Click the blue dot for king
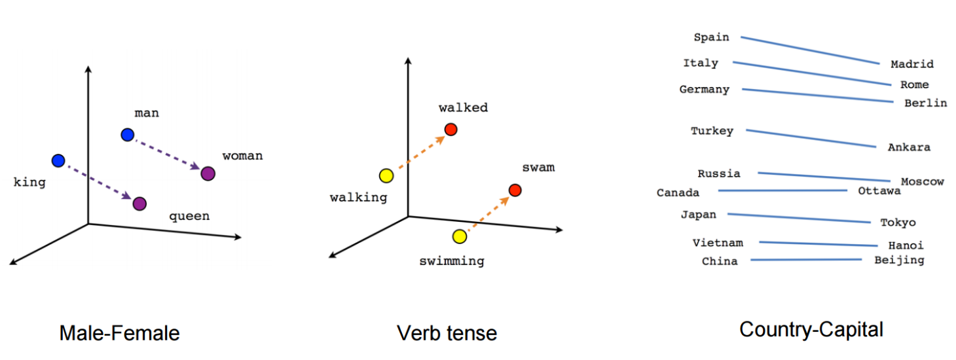pos(58,160)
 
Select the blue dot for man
pos(128,135)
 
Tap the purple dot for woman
pos(208,173)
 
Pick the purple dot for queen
pos(139,204)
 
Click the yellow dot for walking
pos(386,175)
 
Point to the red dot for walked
pos(450,130)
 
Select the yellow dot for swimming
pos(459,236)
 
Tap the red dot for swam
pos(515,190)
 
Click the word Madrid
pos(912,64)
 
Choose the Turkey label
pos(712,131)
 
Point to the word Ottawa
pos(879,191)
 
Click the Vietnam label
pos(718,243)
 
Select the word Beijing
pos(899,260)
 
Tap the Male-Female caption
pos(119,333)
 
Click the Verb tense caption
pos(447,333)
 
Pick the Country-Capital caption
pos(811,329)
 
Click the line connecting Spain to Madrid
pos(810,50)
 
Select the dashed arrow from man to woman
pos(168,154)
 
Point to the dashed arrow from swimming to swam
pos(487,213)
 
